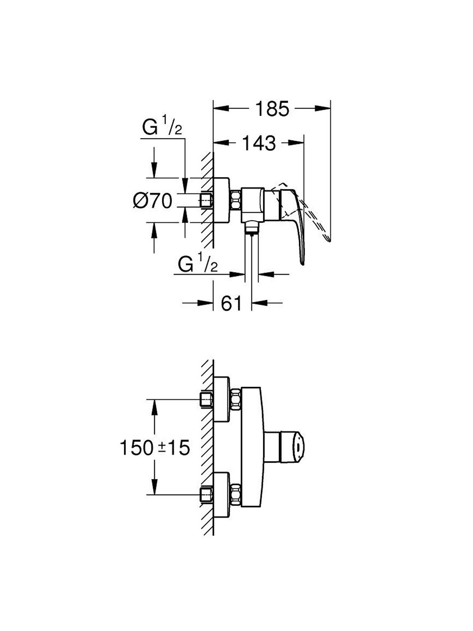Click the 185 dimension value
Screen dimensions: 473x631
pos(272,109)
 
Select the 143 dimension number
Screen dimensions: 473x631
pos(259,143)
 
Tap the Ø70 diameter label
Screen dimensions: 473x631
pos(153,200)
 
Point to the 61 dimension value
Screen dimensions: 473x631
pos(232,303)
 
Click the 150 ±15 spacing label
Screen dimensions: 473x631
pos(155,448)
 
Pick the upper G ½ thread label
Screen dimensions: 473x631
pos(162,125)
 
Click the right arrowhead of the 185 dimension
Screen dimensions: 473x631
pos(323,109)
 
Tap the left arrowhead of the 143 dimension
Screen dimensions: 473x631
pos(221,143)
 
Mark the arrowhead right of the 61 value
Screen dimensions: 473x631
pos(259,303)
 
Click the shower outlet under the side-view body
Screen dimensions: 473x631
pos(251,227)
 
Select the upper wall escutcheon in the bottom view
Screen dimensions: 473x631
pos(222,399)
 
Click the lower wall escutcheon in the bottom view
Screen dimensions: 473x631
pos(222,495)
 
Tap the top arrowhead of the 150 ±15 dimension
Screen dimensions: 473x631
pos(155,407)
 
